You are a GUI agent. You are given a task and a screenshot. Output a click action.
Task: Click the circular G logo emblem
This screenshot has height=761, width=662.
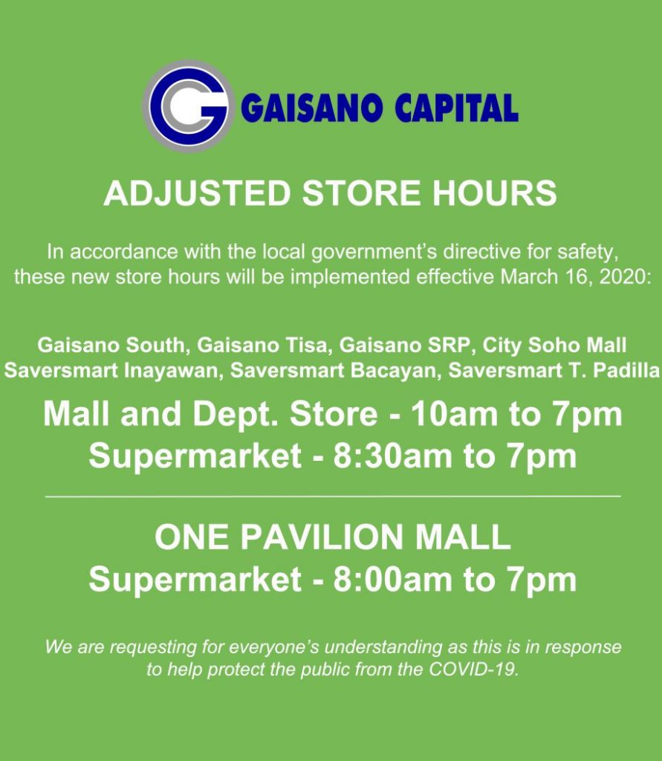point(188,106)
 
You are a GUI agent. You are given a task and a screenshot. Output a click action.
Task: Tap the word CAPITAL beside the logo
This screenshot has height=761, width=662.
point(456,109)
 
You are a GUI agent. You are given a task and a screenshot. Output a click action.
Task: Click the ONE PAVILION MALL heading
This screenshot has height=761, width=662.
point(332,538)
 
